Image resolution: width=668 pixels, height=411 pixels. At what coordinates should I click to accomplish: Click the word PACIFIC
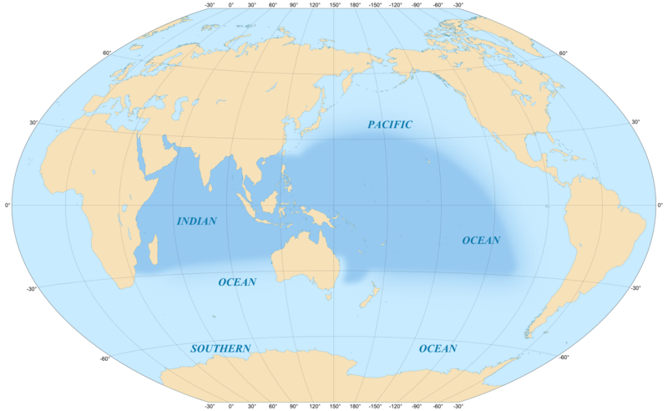pos(390,124)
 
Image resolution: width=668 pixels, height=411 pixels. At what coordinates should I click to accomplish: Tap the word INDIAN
pos(197,221)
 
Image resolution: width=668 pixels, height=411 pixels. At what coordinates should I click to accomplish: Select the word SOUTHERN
pos(220,348)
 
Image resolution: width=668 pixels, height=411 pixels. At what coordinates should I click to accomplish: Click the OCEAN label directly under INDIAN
pos(237,282)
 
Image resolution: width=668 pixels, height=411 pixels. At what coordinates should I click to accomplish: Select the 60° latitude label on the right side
pos(563,53)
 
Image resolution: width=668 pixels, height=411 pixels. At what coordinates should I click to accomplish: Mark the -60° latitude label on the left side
pos(106,359)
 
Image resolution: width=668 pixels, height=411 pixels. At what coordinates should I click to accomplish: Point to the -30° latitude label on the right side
pos(635,289)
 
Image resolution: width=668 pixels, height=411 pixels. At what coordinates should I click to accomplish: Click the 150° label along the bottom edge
pos(334,405)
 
